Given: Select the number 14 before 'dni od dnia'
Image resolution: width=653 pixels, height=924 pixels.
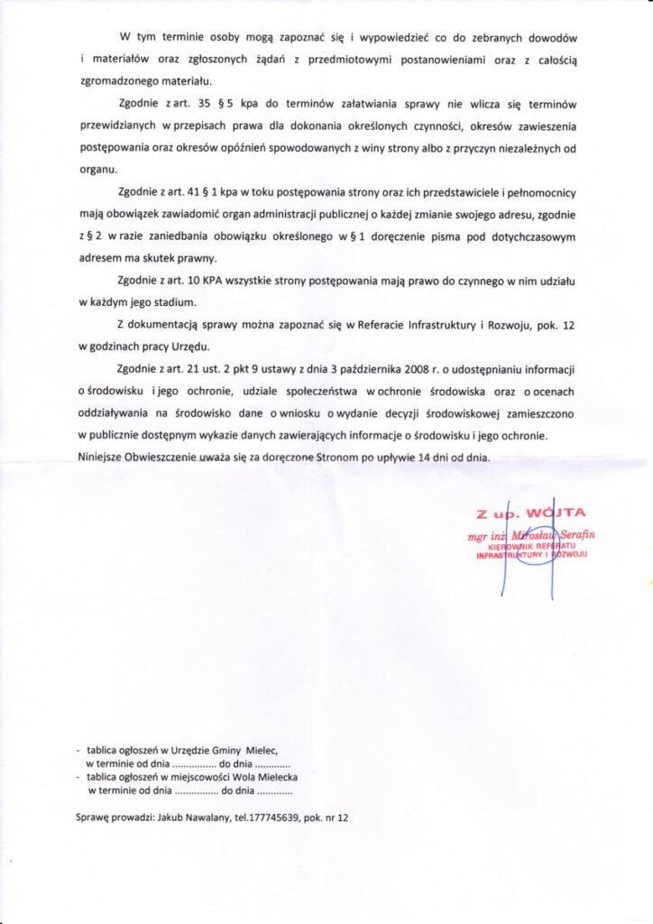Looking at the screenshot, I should (x=415, y=457).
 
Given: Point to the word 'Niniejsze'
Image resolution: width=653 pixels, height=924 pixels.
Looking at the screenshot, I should (x=104, y=457).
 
